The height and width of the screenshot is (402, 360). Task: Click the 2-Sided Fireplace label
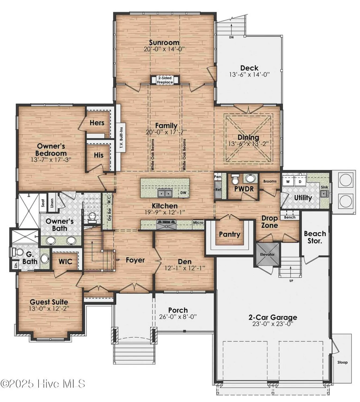coord(164,80)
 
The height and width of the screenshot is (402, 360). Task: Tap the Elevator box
coord(267,254)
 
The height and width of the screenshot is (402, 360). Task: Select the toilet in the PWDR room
coord(235,179)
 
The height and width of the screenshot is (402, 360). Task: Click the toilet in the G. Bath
coord(19,252)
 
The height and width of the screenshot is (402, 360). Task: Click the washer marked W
coord(288,181)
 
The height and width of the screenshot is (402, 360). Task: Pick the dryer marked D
coord(300,181)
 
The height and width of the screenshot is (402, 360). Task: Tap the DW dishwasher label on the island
coord(183,193)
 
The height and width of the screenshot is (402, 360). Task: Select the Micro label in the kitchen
coord(198,222)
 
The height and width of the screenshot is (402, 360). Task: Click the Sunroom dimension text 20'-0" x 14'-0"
coord(164,49)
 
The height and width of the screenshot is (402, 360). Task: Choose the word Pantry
coord(229,234)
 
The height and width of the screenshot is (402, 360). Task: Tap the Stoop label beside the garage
coord(342,362)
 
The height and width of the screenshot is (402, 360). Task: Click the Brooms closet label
coord(270,181)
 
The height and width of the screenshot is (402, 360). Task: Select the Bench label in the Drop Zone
coord(290,217)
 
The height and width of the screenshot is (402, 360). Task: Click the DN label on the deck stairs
coord(231,37)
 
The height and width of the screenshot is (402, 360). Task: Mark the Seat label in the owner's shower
coord(43,203)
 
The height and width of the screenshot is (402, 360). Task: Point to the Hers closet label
coord(97,123)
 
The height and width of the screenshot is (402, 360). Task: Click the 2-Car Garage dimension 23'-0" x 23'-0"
coord(273,324)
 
